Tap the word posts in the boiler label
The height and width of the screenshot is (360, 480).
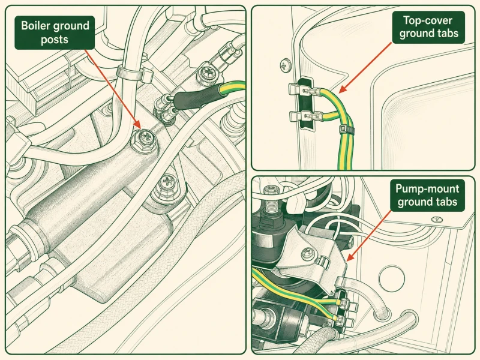(x=55, y=40)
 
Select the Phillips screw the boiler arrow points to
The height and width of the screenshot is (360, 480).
(x=144, y=140)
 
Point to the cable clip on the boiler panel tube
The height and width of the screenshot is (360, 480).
(x=134, y=74)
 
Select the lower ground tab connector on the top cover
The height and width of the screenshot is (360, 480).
(x=305, y=116)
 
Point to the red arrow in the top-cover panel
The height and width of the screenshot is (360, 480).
(x=365, y=68)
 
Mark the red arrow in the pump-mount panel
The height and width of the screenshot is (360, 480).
(x=369, y=235)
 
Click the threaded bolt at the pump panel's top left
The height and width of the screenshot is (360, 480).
(x=271, y=200)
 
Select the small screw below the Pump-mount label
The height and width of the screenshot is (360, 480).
(x=437, y=219)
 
